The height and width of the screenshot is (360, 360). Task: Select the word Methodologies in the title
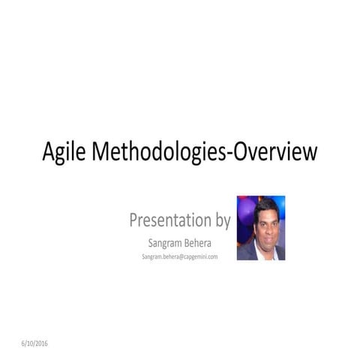pos(157,154)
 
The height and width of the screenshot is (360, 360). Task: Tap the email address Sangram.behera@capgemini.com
pos(179,257)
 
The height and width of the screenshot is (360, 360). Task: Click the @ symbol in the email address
pos(181,257)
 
